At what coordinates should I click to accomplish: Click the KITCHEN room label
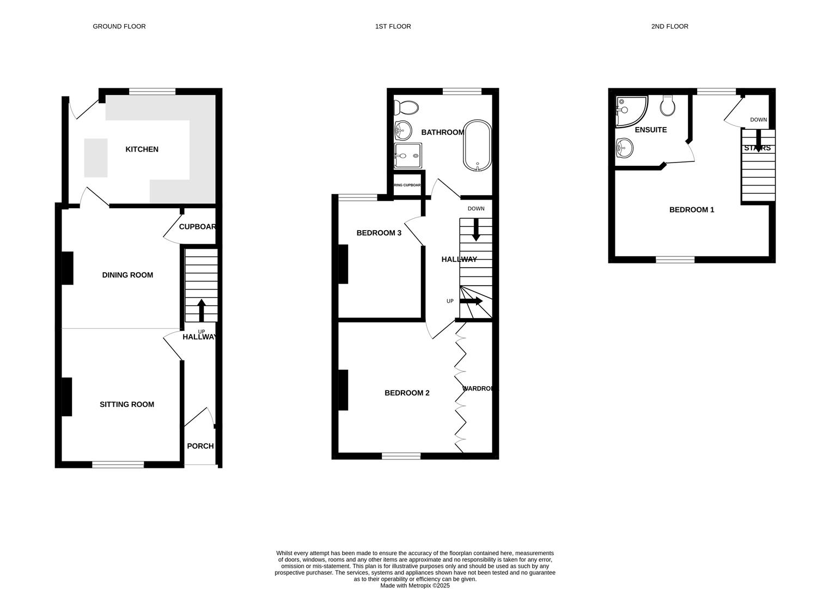142,149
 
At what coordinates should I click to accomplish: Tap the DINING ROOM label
127,275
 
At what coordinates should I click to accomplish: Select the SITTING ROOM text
127,404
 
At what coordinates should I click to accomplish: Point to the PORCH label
200,446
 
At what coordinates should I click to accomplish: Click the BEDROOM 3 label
379,233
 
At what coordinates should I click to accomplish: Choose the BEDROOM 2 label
407,393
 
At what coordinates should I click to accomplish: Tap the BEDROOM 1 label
692,209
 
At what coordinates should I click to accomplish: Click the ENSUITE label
651,130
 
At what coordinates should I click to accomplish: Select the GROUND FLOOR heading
119,26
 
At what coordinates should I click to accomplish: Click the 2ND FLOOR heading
669,26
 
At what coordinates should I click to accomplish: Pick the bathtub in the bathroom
477,146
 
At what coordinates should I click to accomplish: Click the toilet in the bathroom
407,107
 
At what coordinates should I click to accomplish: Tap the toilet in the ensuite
668,106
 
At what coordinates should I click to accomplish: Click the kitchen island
96,158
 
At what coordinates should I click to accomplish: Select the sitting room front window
118,465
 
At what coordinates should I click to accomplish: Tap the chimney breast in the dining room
68,268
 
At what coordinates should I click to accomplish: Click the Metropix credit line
415,586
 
